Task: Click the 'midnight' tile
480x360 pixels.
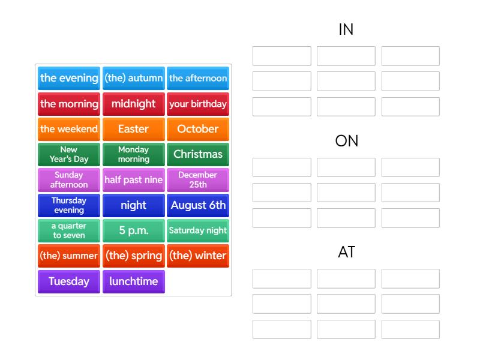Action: [x=133, y=104]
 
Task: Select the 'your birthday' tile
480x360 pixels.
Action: [x=198, y=104]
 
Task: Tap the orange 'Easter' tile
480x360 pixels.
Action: [x=133, y=129]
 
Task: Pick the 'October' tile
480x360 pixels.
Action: [x=198, y=129]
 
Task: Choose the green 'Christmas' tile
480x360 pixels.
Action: [x=198, y=154]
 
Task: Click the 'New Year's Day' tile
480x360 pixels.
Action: [x=69, y=154]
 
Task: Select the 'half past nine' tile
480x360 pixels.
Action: [x=133, y=180]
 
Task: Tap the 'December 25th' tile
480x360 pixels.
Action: [x=198, y=180]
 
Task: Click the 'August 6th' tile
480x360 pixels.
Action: [x=198, y=205]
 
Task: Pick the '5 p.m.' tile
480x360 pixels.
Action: [x=133, y=230]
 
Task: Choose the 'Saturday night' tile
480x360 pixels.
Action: [x=198, y=230]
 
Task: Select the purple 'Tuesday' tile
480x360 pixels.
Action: [x=69, y=281]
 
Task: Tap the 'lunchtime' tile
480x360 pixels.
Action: [x=133, y=281]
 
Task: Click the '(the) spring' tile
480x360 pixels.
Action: [x=133, y=256]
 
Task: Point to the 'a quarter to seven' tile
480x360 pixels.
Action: [x=69, y=230]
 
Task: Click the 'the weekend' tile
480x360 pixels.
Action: [x=69, y=129]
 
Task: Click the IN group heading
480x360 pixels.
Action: [x=346, y=29]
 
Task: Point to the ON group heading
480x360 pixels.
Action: [x=347, y=141]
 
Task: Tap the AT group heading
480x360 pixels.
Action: [x=347, y=252]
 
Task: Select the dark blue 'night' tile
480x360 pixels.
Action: [x=133, y=205]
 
